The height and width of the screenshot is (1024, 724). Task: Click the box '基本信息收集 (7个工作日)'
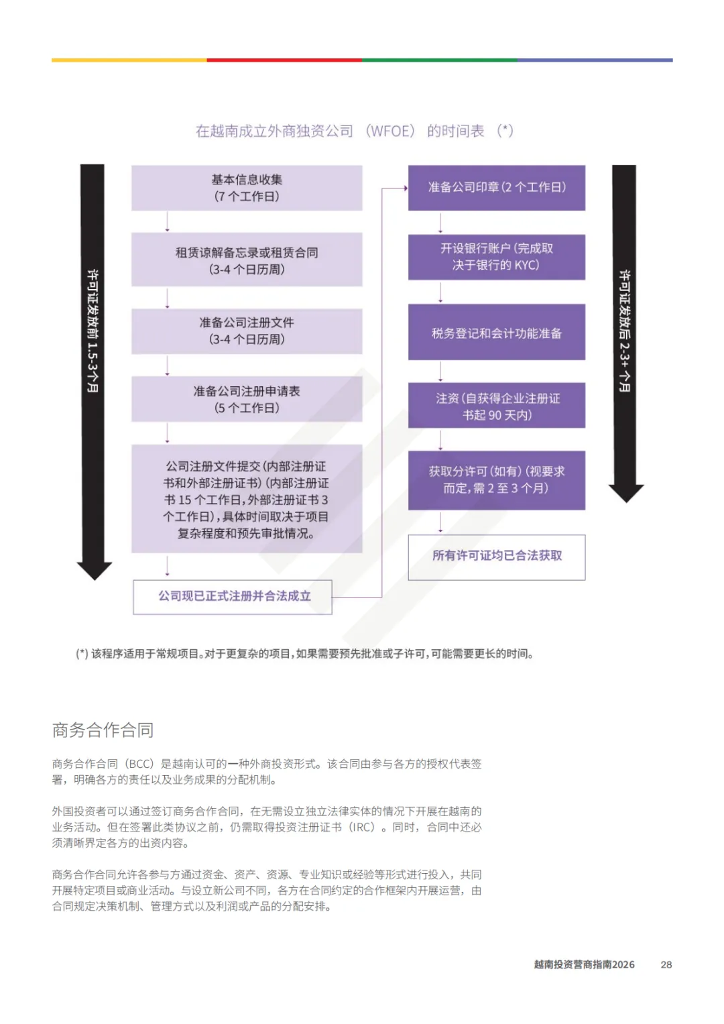247,188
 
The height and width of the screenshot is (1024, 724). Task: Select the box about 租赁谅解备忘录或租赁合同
247,260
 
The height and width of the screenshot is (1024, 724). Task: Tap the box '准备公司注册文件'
247,331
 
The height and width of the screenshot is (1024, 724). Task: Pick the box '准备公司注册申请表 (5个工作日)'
247,399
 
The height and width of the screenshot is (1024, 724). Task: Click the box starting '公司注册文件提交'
247,499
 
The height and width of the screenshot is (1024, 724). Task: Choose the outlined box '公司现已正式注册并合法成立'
233,597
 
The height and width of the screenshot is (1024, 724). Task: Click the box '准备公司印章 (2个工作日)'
496,188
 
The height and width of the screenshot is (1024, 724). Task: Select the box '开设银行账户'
496,257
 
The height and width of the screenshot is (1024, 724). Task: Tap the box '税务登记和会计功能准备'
496,333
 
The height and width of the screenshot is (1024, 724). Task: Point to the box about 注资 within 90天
496,406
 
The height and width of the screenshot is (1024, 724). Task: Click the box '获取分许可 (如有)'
496,480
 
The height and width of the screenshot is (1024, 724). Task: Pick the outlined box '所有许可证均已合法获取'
496,557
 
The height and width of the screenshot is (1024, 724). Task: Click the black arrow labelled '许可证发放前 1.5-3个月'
93,369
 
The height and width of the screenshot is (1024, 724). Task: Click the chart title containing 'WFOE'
354,131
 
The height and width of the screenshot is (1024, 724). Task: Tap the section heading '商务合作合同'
103,730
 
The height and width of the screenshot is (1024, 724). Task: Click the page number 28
666,964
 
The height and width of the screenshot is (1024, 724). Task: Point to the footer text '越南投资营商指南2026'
584,964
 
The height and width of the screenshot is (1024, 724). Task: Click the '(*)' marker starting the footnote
82,654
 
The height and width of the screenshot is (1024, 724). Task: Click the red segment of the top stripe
284,60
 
